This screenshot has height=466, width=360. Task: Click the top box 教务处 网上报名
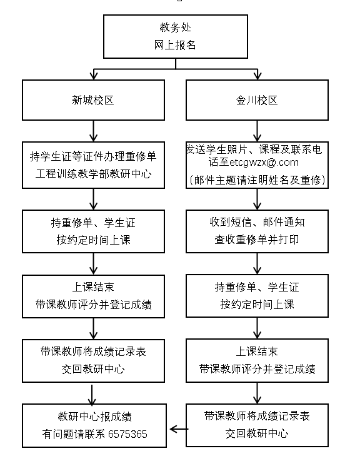point(176,36)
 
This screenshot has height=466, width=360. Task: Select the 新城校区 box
point(93,100)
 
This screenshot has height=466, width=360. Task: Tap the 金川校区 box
point(257,100)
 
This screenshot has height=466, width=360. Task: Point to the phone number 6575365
point(127,434)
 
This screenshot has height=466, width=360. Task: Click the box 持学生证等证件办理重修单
point(93,165)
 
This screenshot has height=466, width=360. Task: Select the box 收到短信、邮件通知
point(257,231)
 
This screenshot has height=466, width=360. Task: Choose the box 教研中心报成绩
point(94,425)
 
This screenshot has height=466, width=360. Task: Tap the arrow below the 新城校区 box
point(93,131)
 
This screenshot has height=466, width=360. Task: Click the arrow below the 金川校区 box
point(257,131)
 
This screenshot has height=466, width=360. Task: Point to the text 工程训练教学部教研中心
point(93,173)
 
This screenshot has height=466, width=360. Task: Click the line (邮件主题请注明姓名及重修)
point(257,180)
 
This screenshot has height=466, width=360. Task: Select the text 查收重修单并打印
point(257,240)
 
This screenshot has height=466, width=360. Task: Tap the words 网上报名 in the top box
point(175,45)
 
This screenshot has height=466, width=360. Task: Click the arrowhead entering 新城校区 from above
point(94,75)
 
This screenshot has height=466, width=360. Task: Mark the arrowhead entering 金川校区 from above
point(257,75)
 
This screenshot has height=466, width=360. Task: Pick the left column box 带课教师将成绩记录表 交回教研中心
point(93,361)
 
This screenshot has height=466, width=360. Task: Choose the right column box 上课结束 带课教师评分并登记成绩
point(257,360)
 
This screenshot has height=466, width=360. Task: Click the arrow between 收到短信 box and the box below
point(257,263)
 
